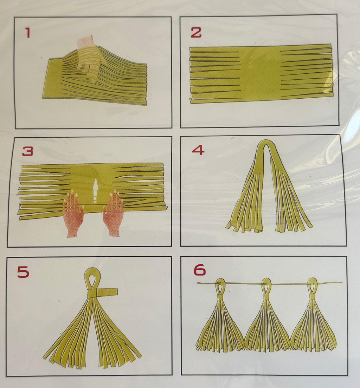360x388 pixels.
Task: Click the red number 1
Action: [x=27, y=33]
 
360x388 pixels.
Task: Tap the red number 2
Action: [x=196, y=32]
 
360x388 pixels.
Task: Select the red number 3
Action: [x=28, y=151]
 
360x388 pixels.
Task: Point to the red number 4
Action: [x=199, y=150]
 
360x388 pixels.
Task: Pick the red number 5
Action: [x=23, y=272]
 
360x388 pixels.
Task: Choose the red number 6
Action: [x=200, y=270]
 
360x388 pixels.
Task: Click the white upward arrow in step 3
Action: [x=95, y=191]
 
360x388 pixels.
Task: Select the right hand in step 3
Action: [x=113, y=213]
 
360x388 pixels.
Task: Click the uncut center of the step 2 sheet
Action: [x=260, y=74]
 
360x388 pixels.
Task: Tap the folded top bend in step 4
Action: [x=266, y=145]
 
